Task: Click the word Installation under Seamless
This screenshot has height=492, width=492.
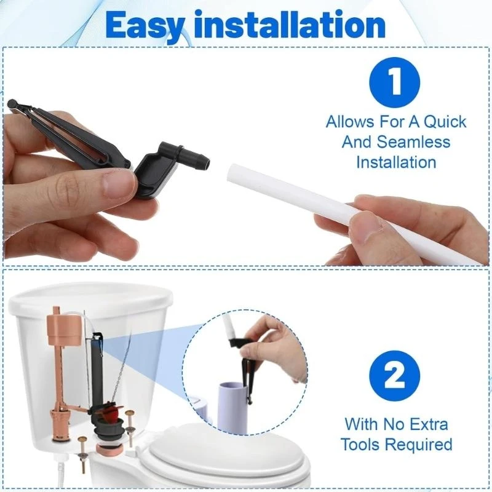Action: click(396, 162)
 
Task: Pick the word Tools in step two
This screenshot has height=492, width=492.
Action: click(364, 444)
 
